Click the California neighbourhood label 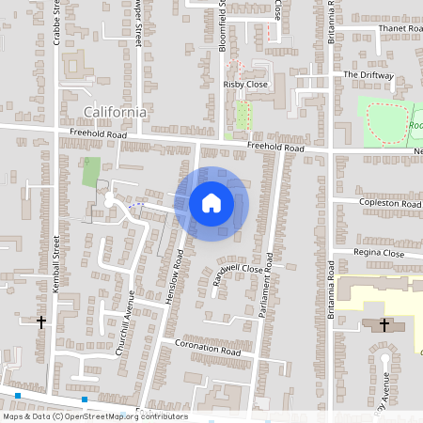115,112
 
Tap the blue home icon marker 211,203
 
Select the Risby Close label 245,84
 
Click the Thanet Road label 399,29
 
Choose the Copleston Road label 390,203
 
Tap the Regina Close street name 379,253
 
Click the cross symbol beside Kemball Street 40,321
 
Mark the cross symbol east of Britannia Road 384,325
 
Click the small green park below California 91,172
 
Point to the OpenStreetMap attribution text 94,416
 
